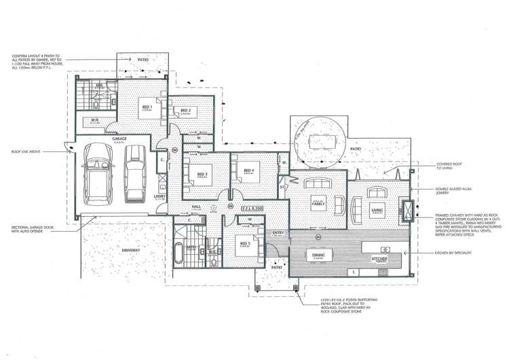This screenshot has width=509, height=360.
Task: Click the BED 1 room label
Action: coord(147,107)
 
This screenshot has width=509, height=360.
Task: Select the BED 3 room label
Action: coord(202,174)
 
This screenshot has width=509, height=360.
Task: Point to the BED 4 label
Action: coord(248,170)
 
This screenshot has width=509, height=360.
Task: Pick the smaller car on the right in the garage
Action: coord(134,175)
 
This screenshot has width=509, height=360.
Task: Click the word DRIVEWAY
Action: coord(131,250)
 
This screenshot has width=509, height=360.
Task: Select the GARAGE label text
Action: coord(120,139)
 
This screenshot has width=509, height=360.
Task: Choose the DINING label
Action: coord(318,255)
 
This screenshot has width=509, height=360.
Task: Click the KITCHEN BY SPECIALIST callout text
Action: coord(455,252)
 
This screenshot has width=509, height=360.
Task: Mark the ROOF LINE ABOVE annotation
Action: coord(24,151)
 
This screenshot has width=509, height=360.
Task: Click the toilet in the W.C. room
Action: coord(212,249)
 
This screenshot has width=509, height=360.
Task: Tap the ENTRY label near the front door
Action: coord(277,233)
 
